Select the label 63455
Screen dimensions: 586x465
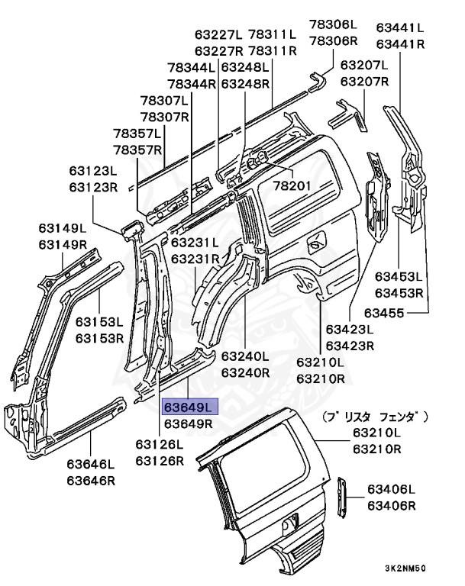click(384, 312)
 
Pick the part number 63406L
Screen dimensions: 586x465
click(390, 489)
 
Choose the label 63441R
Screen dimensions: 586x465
click(400, 44)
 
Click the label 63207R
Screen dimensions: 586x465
click(364, 81)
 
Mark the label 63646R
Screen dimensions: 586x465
click(90, 480)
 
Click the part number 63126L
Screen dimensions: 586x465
click(160, 444)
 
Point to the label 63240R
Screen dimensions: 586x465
click(245, 372)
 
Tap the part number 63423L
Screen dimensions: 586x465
click(350, 330)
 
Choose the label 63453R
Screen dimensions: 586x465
click(399, 292)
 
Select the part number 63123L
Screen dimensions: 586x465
click(93, 171)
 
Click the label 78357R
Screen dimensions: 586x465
click(138, 150)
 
